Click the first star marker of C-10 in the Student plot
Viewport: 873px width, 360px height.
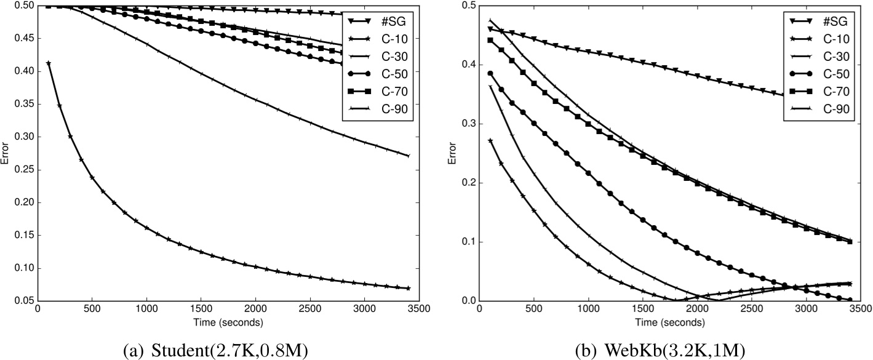click(49, 63)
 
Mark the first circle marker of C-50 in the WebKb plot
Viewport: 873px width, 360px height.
click(490, 73)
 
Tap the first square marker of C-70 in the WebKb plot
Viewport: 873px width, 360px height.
click(490, 40)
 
